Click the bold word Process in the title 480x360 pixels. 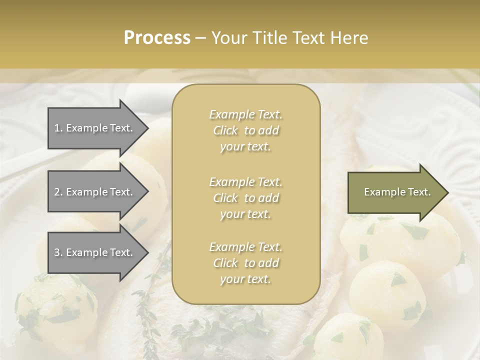tap(157, 38)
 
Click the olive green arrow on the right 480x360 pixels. tap(395, 192)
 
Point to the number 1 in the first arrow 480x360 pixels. tap(57, 128)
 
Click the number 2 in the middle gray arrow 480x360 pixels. tap(57, 192)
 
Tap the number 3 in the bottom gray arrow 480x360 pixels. tap(57, 252)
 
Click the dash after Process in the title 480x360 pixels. tap(200, 38)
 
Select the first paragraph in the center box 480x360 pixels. tap(246, 130)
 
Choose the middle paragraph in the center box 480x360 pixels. tap(246, 198)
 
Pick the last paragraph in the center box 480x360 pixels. tap(246, 263)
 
